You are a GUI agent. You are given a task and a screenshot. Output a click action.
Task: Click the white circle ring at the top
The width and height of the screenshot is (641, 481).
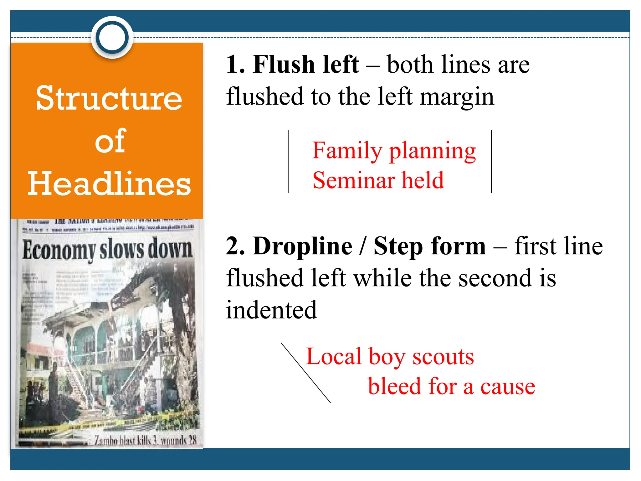pos(112,37)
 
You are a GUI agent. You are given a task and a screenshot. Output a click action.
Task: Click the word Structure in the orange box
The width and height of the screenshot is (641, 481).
pos(109,98)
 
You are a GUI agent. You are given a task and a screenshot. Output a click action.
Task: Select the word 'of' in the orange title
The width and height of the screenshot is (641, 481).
pos(110,141)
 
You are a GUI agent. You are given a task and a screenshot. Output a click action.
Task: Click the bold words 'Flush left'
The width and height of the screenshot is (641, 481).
pos(306,65)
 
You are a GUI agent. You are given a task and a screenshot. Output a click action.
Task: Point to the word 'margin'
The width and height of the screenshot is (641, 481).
pos(457,97)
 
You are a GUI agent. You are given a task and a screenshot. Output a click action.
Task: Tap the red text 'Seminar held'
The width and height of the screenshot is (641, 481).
pos(378,181)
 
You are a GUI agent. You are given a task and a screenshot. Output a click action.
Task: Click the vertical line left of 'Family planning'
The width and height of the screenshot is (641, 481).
pos(288,162)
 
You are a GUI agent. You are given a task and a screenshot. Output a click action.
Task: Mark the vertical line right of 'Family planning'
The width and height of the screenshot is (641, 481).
pos(491,162)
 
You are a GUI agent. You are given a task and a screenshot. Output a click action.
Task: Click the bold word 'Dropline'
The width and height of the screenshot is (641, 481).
pos(302,246)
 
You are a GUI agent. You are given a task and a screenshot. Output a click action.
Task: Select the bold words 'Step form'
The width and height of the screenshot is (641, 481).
pos(429,246)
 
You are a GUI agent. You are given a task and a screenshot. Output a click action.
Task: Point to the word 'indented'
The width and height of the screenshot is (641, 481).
pos(271,310)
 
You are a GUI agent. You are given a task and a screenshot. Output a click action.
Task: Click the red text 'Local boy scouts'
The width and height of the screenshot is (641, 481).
pos(390,357)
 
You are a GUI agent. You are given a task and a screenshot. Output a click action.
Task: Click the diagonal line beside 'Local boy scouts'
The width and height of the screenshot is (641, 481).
pos(305,373)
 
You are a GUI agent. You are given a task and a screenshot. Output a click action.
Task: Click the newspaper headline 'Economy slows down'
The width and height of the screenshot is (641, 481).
pos(107,250)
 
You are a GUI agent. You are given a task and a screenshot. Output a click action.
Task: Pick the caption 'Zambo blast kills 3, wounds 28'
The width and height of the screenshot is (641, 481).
pos(145,441)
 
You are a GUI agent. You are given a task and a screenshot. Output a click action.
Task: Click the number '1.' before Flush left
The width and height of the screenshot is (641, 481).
pos(235,65)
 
